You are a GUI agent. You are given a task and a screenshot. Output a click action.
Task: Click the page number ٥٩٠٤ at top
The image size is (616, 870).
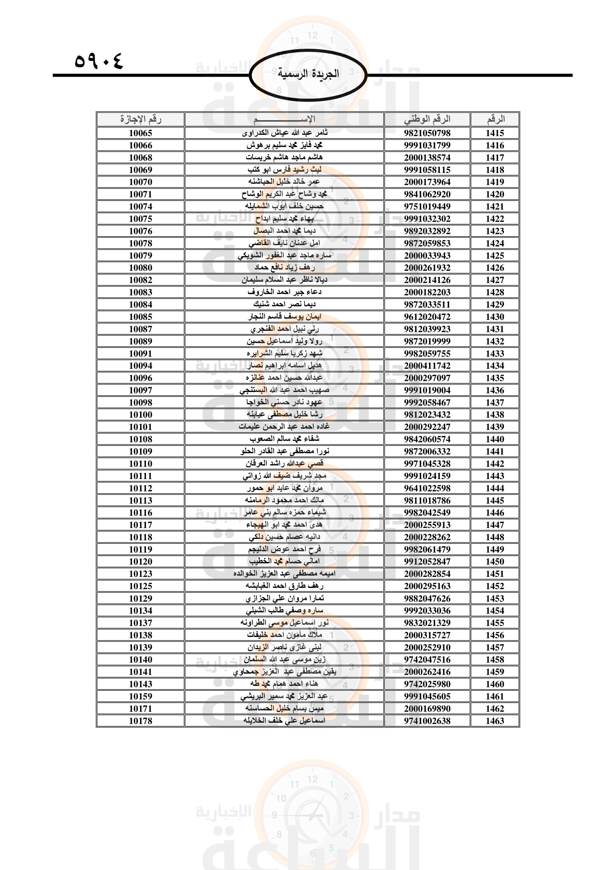coord(99,61)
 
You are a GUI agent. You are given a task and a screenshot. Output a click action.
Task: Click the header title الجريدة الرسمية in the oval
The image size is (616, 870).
coord(308,74)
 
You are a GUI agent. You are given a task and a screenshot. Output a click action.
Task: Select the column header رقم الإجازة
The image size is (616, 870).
coord(140,119)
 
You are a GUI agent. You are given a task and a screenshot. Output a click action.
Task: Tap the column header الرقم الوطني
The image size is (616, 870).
coord(427,119)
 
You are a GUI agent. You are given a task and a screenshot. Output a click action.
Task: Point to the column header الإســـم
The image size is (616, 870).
coord(284,119)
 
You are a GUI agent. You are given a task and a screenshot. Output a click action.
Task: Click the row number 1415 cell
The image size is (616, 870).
coord(495,133)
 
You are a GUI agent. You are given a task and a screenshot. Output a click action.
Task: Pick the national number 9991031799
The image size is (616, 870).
coord(427,145)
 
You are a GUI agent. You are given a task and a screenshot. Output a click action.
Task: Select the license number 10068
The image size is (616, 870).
coord(140,158)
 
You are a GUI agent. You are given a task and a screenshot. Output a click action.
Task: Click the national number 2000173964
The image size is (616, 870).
coord(427,182)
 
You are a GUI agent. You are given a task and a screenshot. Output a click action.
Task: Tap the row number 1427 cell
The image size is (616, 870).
coord(495,280)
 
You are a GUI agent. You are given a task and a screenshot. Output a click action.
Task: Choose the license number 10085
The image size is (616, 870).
coord(140,317)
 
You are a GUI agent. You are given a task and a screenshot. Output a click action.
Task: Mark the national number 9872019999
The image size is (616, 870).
coord(427,341)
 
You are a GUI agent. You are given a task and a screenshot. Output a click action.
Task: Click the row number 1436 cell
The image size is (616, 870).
coord(495,390)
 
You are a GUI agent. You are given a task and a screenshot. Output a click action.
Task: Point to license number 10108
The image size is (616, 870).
coord(140,439)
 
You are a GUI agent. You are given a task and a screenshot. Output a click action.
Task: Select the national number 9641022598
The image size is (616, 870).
coord(427,488)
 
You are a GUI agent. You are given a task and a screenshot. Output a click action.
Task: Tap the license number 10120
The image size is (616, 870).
coord(140,562)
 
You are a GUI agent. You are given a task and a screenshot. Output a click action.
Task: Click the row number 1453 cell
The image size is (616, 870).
coord(495,598)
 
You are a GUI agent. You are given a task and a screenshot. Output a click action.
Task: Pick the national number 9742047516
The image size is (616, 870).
coord(427,660)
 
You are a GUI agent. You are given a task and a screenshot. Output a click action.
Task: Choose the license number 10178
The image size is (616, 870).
coord(140,721)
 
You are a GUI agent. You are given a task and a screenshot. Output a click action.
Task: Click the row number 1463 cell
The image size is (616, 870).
coord(495,721)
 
